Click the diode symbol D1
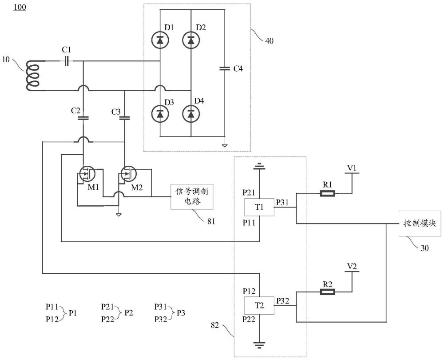[160, 40]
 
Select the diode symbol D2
[191, 40]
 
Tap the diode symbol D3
[160, 114]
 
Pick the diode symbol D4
[191, 114]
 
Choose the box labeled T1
[259, 207]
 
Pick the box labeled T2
[259, 305]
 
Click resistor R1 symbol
[328, 193]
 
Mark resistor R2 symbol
[328, 292]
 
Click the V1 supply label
[352, 168]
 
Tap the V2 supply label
[352, 267]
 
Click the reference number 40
[269, 41]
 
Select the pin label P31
[283, 202]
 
